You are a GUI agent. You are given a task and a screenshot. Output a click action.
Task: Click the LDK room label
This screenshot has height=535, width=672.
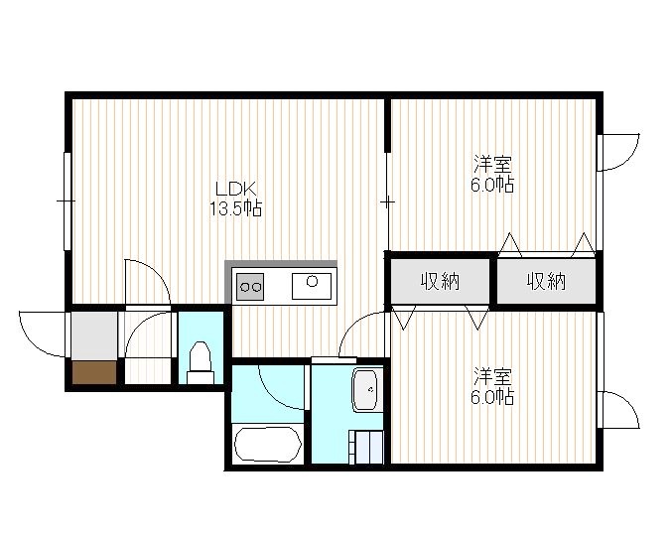235,189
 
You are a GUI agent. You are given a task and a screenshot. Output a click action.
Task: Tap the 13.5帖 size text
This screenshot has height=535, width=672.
235,208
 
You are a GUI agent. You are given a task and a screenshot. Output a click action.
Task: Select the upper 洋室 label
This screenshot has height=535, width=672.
492,164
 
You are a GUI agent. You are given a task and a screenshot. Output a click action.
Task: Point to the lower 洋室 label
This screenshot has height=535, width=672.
492,376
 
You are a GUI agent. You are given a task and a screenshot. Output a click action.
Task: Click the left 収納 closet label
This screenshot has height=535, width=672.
440,282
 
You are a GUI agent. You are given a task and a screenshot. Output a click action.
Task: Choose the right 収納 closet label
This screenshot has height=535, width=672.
546,282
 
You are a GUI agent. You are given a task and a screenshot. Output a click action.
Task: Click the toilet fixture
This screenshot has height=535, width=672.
201,362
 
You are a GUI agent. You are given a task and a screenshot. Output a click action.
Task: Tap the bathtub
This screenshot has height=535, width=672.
268,445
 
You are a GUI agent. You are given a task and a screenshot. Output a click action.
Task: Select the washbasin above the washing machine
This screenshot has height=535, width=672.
364,390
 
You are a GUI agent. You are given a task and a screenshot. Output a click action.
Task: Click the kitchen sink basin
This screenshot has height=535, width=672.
312,286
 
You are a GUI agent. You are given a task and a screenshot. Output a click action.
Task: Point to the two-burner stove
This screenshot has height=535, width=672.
250,287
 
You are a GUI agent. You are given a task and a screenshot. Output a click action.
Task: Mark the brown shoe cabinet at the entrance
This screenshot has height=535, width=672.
94,372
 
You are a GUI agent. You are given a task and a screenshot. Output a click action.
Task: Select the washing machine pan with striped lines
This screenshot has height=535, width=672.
366,447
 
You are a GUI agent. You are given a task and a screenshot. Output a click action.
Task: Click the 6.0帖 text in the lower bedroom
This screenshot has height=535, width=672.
492,397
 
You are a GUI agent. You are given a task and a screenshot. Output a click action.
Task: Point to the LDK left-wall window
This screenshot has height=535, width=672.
67,201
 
